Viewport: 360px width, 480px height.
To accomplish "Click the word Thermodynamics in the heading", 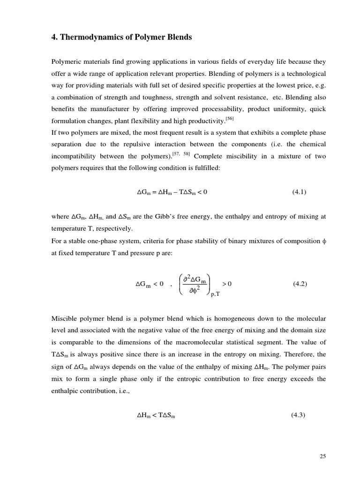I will point(89,37).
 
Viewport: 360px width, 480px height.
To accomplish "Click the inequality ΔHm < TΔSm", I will point(156,415).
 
